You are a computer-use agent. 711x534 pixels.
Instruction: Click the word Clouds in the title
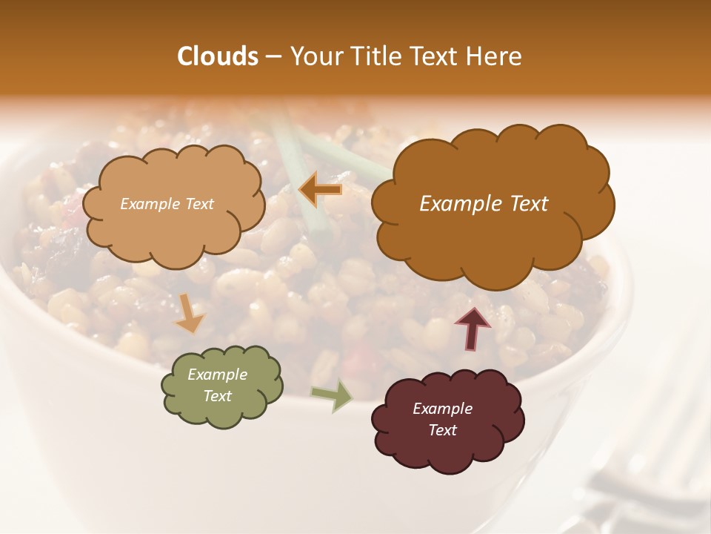click(x=218, y=56)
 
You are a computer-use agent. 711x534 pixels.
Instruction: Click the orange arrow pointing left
click(x=321, y=191)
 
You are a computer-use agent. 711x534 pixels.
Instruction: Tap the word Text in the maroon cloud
click(x=443, y=430)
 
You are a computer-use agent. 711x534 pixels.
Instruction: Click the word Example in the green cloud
click(x=218, y=375)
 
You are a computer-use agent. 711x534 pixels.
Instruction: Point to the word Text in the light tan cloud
click(x=198, y=204)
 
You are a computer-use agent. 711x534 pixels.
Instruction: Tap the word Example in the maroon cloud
click(x=443, y=409)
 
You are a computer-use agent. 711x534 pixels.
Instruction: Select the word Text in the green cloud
click(x=218, y=396)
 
